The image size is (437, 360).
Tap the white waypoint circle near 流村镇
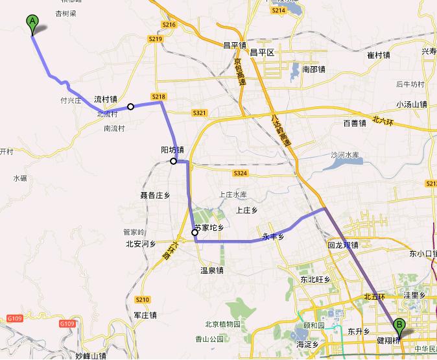point(131,106)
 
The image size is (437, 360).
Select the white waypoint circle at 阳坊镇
point(174,162)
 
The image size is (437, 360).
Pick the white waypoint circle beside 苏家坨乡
point(195,233)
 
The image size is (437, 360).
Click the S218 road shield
point(159,97)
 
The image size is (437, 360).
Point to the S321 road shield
point(199,113)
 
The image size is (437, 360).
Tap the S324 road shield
point(240,173)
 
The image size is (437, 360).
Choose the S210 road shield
point(143,299)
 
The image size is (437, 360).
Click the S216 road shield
point(169,25)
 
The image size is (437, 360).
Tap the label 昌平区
point(263,52)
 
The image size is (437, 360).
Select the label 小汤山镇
point(412,104)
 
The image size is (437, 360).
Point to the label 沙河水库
point(345,155)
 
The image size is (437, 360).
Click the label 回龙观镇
point(344,246)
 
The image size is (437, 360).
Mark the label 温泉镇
point(211,270)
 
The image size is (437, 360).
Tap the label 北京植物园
point(223,324)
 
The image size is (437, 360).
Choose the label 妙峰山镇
point(90,355)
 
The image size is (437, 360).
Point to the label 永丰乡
point(274,237)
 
